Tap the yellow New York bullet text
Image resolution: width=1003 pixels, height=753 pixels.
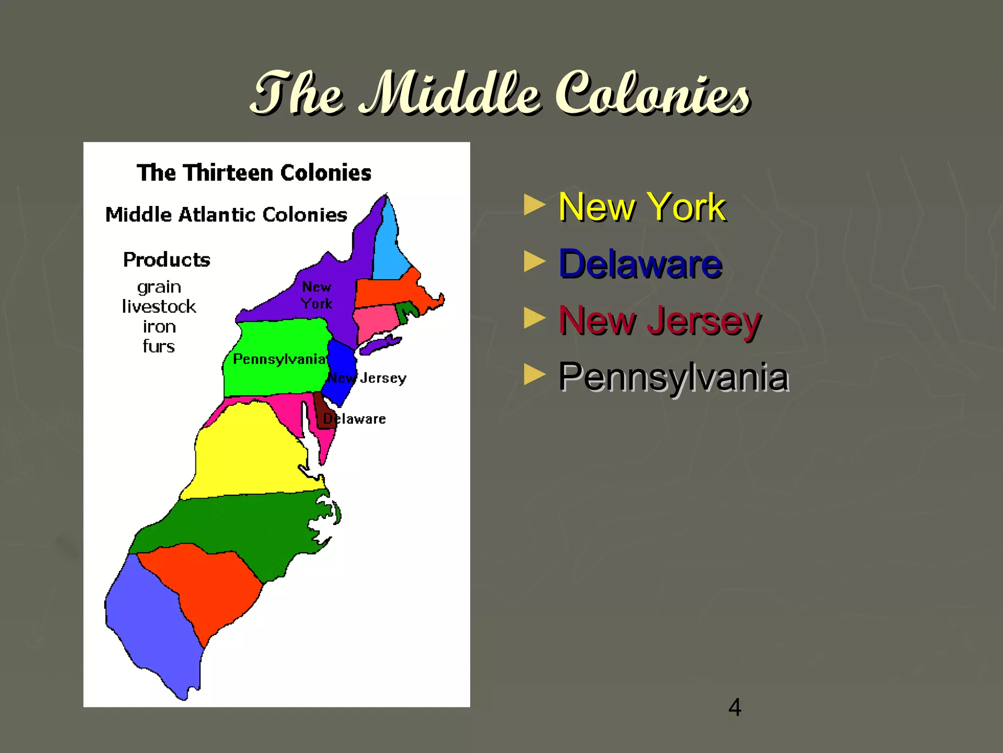pos(642,207)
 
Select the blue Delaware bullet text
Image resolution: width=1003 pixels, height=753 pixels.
pos(640,264)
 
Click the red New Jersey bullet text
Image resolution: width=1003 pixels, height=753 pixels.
pos(660,321)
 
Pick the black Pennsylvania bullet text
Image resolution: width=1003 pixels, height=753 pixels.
pos(673,377)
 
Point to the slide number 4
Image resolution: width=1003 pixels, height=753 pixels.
pos(735,707)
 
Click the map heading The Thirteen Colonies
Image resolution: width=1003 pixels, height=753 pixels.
pos(254,173)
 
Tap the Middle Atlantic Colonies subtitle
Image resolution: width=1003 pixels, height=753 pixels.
pos(226,215)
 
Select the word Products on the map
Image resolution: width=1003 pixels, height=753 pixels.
pos(167,260)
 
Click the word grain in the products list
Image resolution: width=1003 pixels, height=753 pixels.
pos(159,287)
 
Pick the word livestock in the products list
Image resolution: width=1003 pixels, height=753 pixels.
pos(159,307)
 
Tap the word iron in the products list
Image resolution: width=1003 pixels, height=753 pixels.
pos(159,326)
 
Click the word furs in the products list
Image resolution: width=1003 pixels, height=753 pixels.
pos(159,347)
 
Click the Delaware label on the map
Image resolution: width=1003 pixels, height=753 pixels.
pos(355,419)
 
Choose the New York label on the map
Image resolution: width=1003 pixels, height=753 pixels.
pos(316,295)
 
